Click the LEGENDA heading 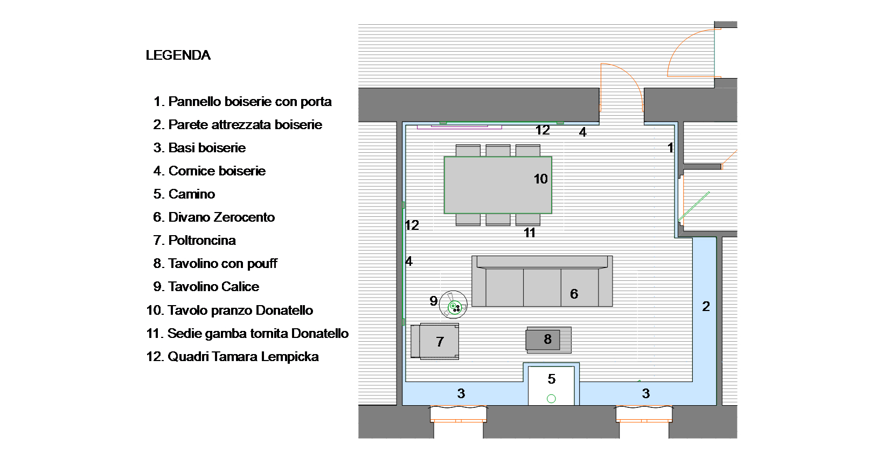click(x=178, y=55)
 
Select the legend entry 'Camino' click(x=184, y=194)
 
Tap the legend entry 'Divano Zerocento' click(x=214, y=217)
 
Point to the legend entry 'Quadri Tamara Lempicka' click(x=233, y=357)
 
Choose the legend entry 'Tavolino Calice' click(x=206, y=287)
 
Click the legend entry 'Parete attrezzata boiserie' click(x=238, y=125)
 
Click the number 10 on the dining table click(x=541, y=179)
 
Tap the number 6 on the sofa click(x=574, y=294)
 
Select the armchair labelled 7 click(x=435, y=341)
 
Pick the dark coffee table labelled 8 click(x=543, y=340)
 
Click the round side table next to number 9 click(x=453, y=305)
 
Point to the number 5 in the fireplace click(x=552, y=379)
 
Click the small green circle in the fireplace click(x=552, y=399)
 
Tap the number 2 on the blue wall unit click(x=706, y=306)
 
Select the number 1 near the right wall click(x=671, y=148)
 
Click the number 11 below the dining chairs click(x=530, y=233)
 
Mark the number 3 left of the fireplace click(x=461, y=393)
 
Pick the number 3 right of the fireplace click(x=646, y=393)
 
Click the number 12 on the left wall click(x=412, y=225)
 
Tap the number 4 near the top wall click(x=582, y=132)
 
